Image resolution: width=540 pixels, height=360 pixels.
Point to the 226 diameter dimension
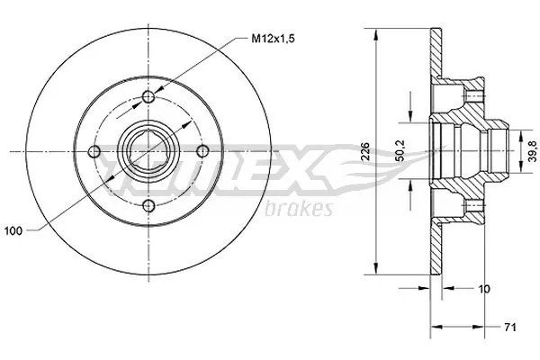tap(363, 153)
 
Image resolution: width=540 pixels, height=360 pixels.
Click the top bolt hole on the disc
tap(149, 95)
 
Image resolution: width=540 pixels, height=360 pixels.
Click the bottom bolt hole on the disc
tap(149, 208)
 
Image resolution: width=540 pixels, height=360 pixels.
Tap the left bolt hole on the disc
tap(94, 152)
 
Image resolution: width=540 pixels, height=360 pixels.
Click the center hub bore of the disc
tap(149, 152)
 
